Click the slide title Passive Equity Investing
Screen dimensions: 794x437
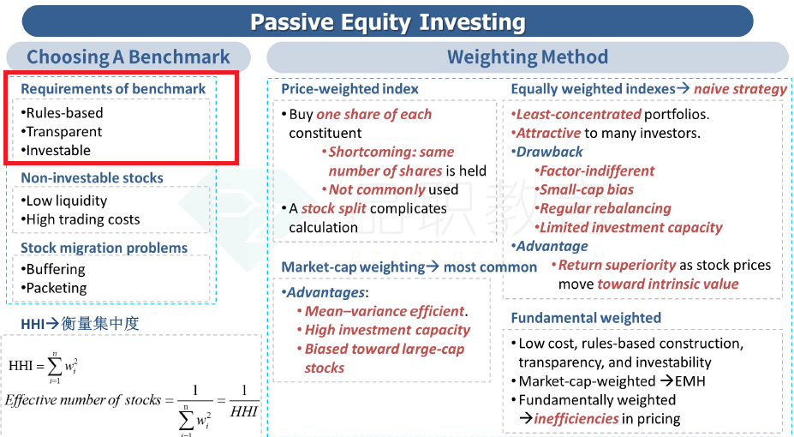pos(388,22)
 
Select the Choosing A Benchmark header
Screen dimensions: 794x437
pos(128,57)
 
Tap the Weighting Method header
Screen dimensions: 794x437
pos(527,57)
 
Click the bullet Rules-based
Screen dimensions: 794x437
pos(63,113)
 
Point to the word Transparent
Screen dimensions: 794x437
pos(63,132)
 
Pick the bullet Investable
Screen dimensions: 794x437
pos(56,151)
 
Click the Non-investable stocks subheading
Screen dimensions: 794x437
pos(93,177)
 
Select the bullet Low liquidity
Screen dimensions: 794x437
pos(64,201)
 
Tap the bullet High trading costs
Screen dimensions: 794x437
pos(81,219)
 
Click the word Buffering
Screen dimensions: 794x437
pos(56,269)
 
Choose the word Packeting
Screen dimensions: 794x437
pos(57,288)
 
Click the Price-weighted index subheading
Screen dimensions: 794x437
pos(350,89)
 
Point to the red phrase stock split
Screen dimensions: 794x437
pos(334,208)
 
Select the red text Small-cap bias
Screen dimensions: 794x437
pos(587,190)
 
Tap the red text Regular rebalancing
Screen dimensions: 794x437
pos(605,208)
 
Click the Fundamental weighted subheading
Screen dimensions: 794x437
pos(586,318)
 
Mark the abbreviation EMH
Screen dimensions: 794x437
pos(690,381)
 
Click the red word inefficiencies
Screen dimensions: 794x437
pos(576,419)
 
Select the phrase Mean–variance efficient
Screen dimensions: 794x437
pos(385,311)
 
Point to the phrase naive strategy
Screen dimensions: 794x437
pos(740,89)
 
